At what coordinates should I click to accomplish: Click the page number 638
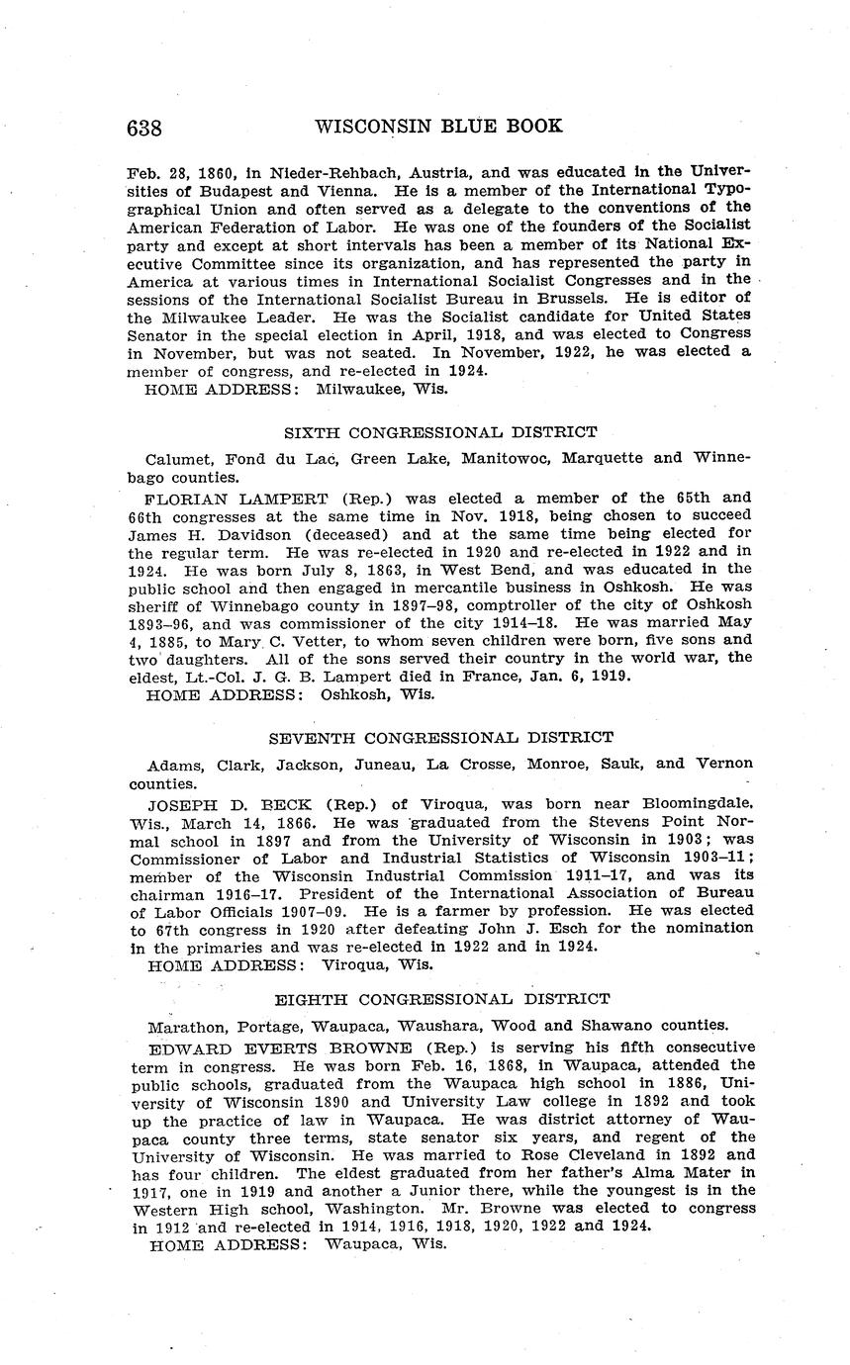click(144, 128)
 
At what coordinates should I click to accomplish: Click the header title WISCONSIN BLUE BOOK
click(438, 126)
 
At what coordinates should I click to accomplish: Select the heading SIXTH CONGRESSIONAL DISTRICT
click(440, 431)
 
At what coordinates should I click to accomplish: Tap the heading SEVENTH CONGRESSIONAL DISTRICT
click(441, 737)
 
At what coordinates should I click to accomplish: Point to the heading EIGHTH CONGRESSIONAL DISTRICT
click(441, 999)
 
